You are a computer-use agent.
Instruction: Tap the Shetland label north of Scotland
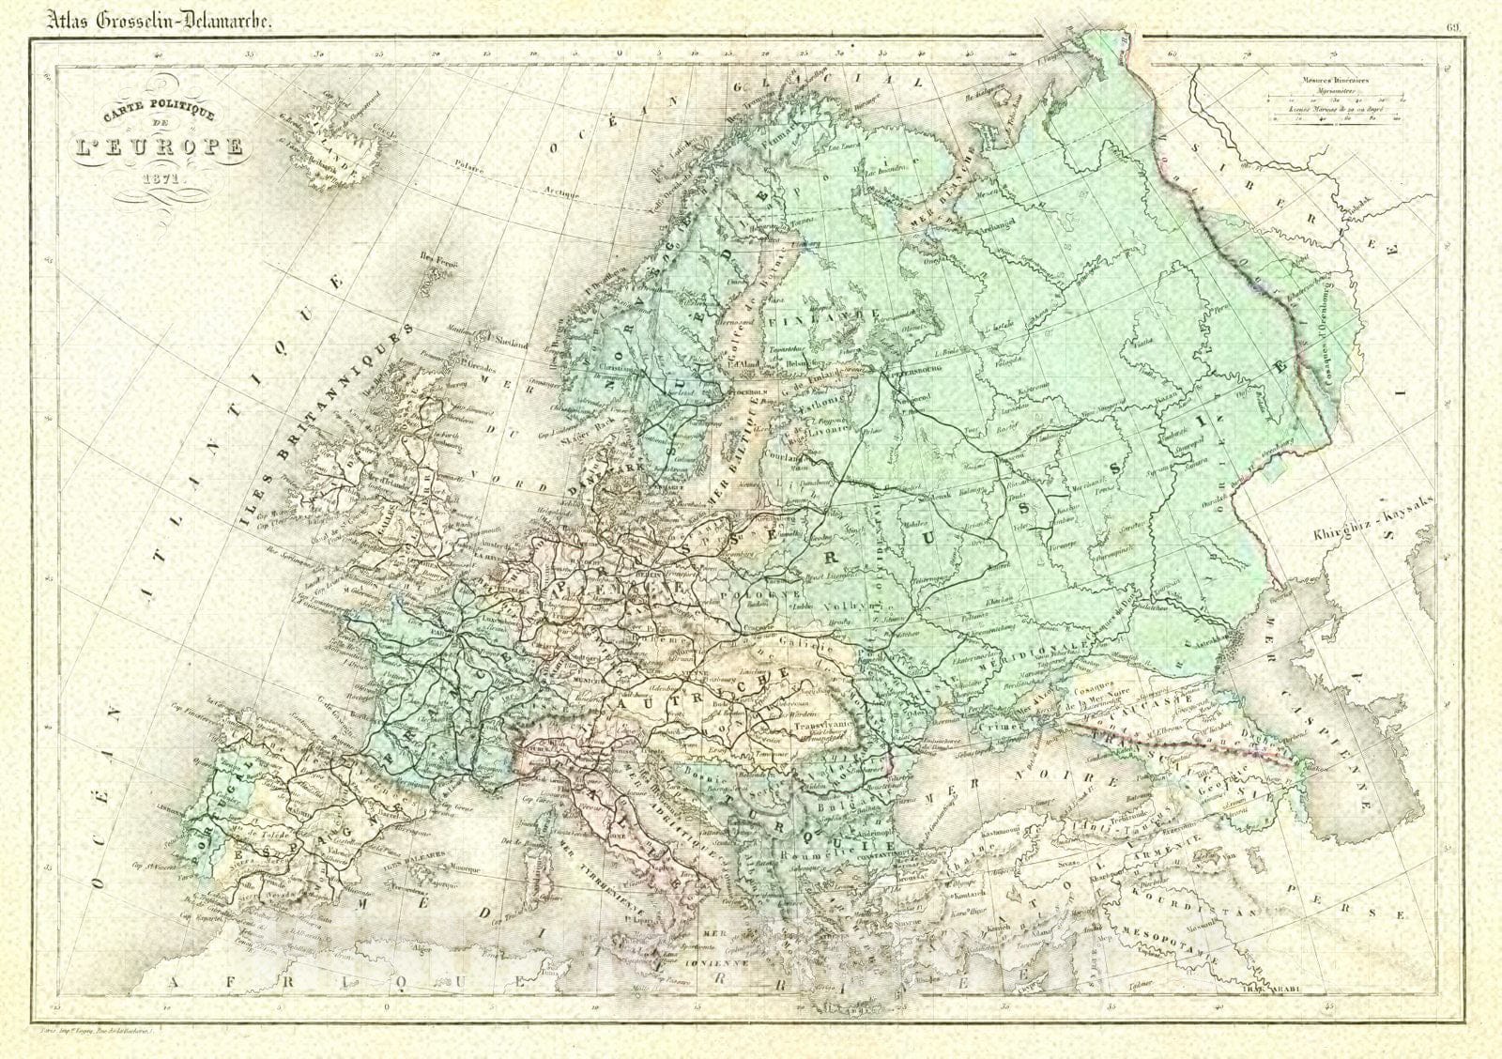(x=513, y=343)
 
